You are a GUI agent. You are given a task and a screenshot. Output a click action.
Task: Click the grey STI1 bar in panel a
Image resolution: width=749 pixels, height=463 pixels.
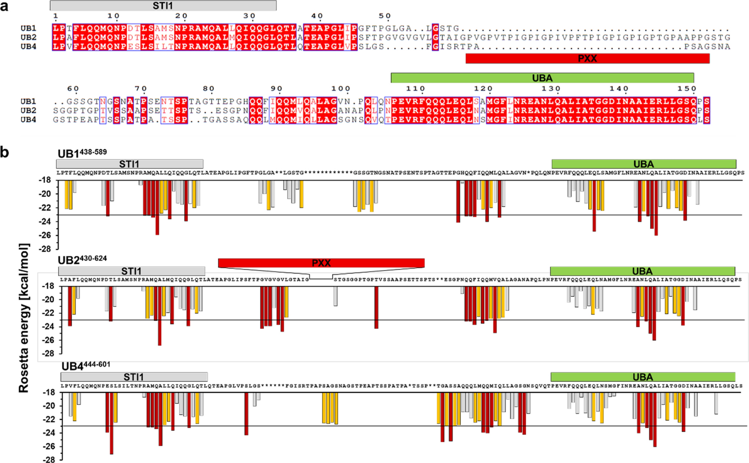pyautogui.click(x=163, y=6)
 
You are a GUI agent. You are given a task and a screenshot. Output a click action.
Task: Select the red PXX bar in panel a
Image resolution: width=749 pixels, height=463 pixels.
pyautogui.click(x=587, y=59)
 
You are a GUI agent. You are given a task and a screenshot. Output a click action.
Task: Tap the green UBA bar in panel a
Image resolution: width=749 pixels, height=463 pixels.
pyautogui.click(x=542, y=78)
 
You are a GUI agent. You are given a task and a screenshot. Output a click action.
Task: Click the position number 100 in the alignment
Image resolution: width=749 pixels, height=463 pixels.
pyautogui.click(x=341, y=89)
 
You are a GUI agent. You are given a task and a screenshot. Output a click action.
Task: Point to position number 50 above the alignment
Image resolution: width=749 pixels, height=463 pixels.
pyautogui.click(x=385, y=16)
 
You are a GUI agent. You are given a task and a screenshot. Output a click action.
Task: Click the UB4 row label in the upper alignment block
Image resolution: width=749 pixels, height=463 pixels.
pyautogui.click(x=28, y=47)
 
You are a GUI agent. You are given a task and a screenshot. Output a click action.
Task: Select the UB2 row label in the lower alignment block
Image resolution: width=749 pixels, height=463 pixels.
pyautogui.click(x=28, y=110)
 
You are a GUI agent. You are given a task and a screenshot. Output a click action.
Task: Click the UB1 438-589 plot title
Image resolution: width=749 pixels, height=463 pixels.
pyautogui.click(x=82, y=153)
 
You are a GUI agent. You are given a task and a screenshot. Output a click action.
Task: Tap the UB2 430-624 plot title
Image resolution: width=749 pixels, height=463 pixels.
pyautogui.click(x=82, y=260)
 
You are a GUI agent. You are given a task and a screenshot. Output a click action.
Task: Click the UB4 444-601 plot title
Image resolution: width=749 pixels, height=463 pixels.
pyautogui.click(x=85, y=366)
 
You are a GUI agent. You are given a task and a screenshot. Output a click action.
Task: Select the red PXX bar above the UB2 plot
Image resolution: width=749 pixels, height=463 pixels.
pyautogui.click(x=321, y=263)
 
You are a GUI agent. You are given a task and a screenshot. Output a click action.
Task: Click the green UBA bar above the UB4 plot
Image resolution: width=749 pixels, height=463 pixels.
pyautogui.click(x=642, y=377)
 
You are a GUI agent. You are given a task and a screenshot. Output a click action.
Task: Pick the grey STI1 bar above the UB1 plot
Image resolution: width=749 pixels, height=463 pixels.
pyautogui.click(x=129, y=164)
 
